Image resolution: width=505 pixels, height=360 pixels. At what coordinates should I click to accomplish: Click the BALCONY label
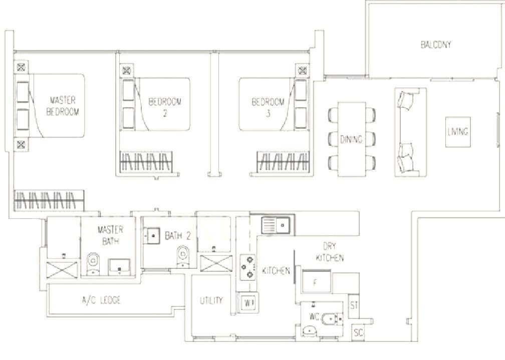[x=436, y=45]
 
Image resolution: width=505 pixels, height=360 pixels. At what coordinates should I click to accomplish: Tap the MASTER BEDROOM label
[x=63, y=106]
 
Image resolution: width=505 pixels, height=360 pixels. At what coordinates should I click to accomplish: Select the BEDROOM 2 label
[x=164, y=107]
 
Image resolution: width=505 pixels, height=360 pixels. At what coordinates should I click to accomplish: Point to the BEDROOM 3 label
[x=268, y=107]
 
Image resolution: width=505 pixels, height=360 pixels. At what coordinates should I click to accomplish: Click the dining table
[x=352, y=139]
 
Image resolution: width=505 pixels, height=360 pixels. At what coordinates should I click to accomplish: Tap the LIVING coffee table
[x=458, y=132]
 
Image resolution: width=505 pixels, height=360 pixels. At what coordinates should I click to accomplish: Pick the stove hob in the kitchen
[x=247, y=266]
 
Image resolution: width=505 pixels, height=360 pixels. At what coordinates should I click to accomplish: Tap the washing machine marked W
[x=248, y=303]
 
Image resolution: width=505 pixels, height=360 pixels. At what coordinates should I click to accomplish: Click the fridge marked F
[x=317, y=281]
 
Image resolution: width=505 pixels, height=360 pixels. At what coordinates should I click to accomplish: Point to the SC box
[x=358, y=332]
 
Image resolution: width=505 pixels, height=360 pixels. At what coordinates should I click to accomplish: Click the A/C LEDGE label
[x=101, y=300]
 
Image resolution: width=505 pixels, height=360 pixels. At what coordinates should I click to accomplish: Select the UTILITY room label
[x=211, y=300]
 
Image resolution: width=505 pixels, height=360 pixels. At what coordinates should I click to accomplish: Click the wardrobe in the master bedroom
[x=49, y=200]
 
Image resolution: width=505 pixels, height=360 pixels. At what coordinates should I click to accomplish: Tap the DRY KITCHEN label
[x=330, y=252]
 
